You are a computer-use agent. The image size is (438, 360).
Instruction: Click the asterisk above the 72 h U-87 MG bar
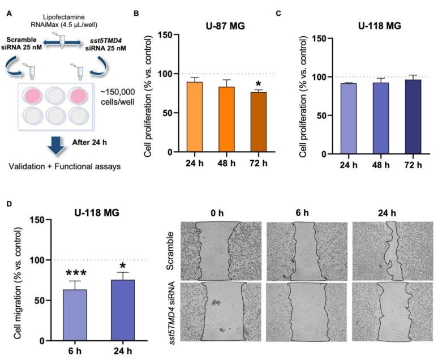point(259,84)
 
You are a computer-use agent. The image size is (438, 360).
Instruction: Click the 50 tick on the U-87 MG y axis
point(164,113)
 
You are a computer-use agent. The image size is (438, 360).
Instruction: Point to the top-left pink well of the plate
point(32,95)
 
